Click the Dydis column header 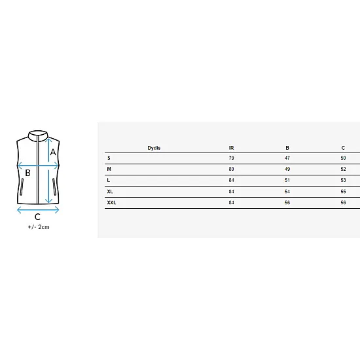coord(154,148)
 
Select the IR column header coord(231,148)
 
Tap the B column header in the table coord(287,148)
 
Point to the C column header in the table coord(343,148)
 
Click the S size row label coord(109,158)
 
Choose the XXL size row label coord(111,203)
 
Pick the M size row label coord(109,170)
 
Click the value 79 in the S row coord(231,158)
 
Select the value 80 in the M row coord(231,170)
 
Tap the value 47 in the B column coord(287,158)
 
